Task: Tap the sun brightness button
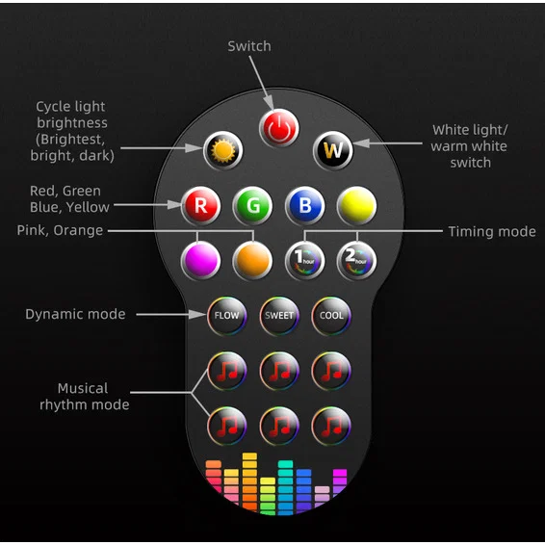[223, 150]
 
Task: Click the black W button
[333, 150]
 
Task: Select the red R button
[200, 206]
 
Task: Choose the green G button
[252, 206]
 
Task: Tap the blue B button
[305, 206]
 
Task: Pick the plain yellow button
[356, 206]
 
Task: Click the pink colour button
[200, 260]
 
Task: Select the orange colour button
[252, 260]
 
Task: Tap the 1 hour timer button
[305, 260]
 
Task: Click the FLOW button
[227, 316]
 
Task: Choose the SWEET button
[279, 316]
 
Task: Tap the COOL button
[331, 316]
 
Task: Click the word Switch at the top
[249, 46]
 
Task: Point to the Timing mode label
[492, 232]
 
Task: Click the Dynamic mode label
[75, 314]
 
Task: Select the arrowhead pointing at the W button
[361, 143]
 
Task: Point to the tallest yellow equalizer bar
[249, 481]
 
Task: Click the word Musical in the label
[83, 388]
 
